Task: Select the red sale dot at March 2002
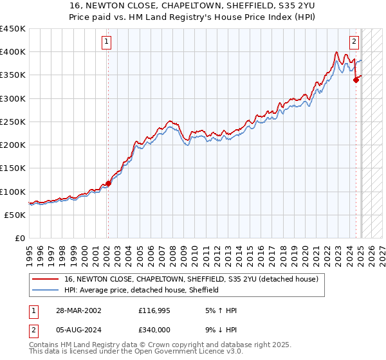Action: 108,183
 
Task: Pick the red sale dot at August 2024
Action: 356,80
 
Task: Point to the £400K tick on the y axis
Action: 13,52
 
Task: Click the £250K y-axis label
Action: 13,122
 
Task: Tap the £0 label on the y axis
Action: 19,239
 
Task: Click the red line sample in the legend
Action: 46,280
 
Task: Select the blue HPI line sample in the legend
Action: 46,291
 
